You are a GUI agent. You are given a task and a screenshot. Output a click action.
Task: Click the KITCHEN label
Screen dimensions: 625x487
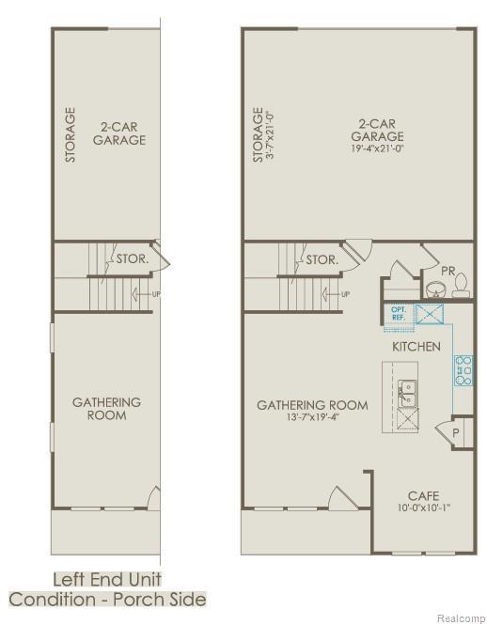416,347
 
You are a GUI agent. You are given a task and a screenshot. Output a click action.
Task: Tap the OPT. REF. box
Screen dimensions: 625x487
398,314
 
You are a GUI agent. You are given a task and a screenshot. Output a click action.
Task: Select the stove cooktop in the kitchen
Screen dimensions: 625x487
463,371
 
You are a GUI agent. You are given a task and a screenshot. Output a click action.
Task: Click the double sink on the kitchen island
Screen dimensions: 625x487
407,393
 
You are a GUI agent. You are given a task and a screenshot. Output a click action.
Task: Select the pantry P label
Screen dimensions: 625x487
454,435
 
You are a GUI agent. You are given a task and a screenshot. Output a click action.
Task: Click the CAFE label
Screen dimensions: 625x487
423,495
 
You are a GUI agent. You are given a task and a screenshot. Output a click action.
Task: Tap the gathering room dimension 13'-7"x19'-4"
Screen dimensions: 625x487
312,419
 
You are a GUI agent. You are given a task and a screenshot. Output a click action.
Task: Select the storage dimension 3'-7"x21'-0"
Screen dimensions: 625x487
270,135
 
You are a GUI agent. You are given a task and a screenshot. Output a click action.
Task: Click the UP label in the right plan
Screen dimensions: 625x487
345,294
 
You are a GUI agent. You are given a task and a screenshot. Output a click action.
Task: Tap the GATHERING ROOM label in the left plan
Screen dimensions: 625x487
106,408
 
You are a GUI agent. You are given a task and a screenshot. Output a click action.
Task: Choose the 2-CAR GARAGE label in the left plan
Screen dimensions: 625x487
119,133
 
